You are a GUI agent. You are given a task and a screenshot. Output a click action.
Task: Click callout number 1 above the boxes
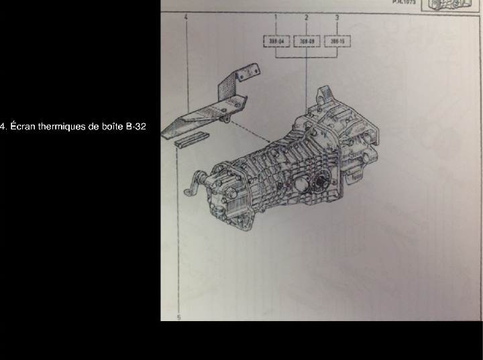(276, 15)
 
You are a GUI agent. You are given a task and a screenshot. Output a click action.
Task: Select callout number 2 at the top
(306, 15)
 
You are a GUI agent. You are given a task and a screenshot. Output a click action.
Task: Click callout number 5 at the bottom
(179, 317)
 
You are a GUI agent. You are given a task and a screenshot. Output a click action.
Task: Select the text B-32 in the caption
(136, 126)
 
